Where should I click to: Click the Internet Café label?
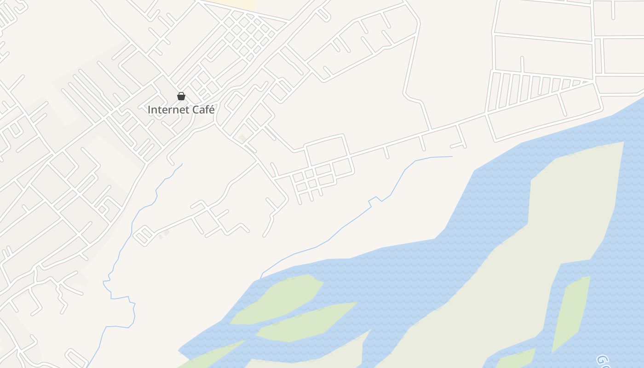click(181, 110)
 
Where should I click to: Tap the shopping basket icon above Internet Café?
click(181, 96)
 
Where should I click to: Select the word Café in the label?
click(203, 110)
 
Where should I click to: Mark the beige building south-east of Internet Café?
click(242, 138)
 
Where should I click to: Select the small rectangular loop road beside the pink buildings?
click(143, 236)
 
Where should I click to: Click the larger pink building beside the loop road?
click(167, 233)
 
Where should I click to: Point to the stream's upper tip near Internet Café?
click(182, 164)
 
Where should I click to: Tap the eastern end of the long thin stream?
click(452, 156)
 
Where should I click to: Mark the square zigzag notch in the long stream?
click(374, 199)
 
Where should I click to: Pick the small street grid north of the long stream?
click(317, 177)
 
